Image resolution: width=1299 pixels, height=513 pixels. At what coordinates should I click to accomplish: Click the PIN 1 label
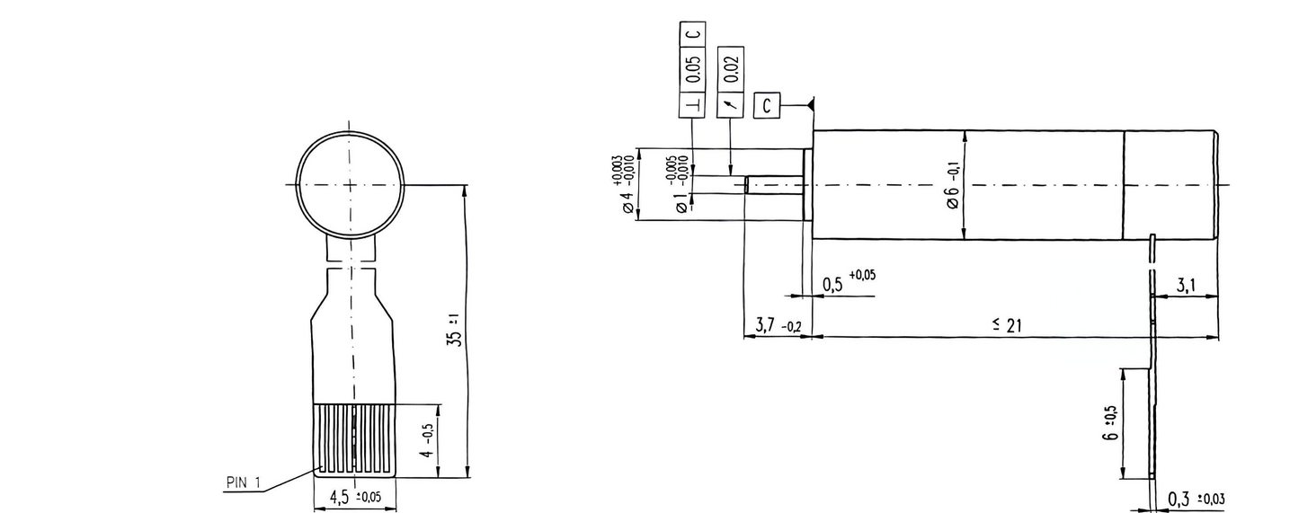pos(242,483)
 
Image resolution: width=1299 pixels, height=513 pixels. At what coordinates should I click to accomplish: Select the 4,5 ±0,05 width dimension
pos(357,497)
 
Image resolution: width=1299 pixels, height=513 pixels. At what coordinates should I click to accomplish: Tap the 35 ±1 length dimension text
pos(455,330)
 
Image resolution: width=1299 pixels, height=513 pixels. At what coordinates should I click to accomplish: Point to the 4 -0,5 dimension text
pos(430,439)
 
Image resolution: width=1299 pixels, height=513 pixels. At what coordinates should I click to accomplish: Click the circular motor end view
pos(351,184)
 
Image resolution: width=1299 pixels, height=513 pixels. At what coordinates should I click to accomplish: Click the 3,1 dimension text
pos(1186,286)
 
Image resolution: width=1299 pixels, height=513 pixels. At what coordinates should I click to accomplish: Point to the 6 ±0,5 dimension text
pos(1112,422)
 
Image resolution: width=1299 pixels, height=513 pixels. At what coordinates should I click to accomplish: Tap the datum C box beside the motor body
pos(766,105)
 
